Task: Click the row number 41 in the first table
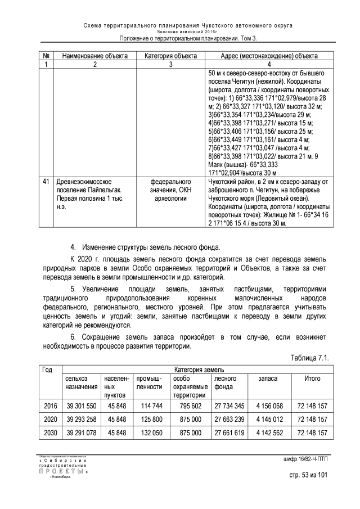pyautogui.click(x=46, y=182)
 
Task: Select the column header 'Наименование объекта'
pyautogui.click(x=95, y=56)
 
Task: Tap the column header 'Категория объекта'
pyautogui.click(x=170, y=56)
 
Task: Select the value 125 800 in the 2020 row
pyautogui.click(x=150, y=420)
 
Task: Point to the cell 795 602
pyautogui.click(x=188, y=405)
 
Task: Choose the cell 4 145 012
pyautogui.click(x=268, y=420)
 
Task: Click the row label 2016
pyautogui.click(x=50, y=405)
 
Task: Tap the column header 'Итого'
pyautogui.click(x=312, y=379)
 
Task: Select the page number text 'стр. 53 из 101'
pyautogui.click(x=307, y=475)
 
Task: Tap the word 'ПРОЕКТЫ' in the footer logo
pyautogui.click(x=62, y=471)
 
